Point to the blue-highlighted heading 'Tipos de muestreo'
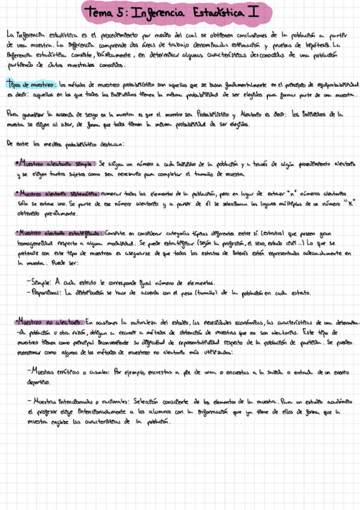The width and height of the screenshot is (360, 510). pyautogui.click(x=31, y=85)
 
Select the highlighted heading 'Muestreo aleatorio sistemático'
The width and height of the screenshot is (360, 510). pyautogui.click(x=58, y=194)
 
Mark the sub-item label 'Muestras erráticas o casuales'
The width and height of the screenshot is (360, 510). pyautogui.click(x=70, y=372)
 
